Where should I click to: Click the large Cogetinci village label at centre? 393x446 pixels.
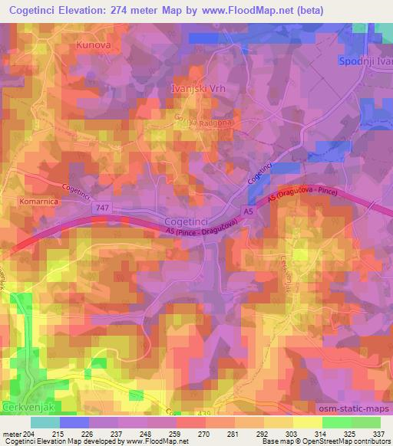(x=187, y=220)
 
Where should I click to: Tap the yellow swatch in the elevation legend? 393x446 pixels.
(x=306, y=422)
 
